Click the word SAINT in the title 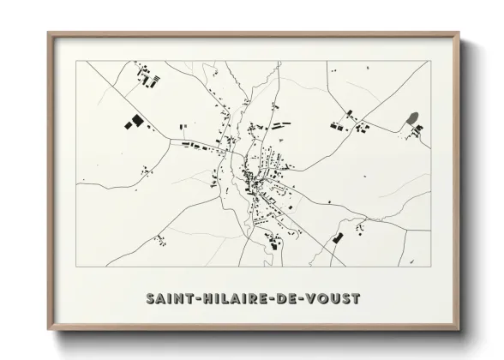[168, 300]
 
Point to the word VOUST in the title [337, 300]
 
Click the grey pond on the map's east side [412, 117]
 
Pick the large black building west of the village [132, 123]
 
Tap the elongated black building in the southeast [338, 237]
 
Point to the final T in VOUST [357, 300]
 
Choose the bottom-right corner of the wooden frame [460, 330]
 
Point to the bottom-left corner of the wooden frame [48, 330]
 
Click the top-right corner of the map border [431, 61]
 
